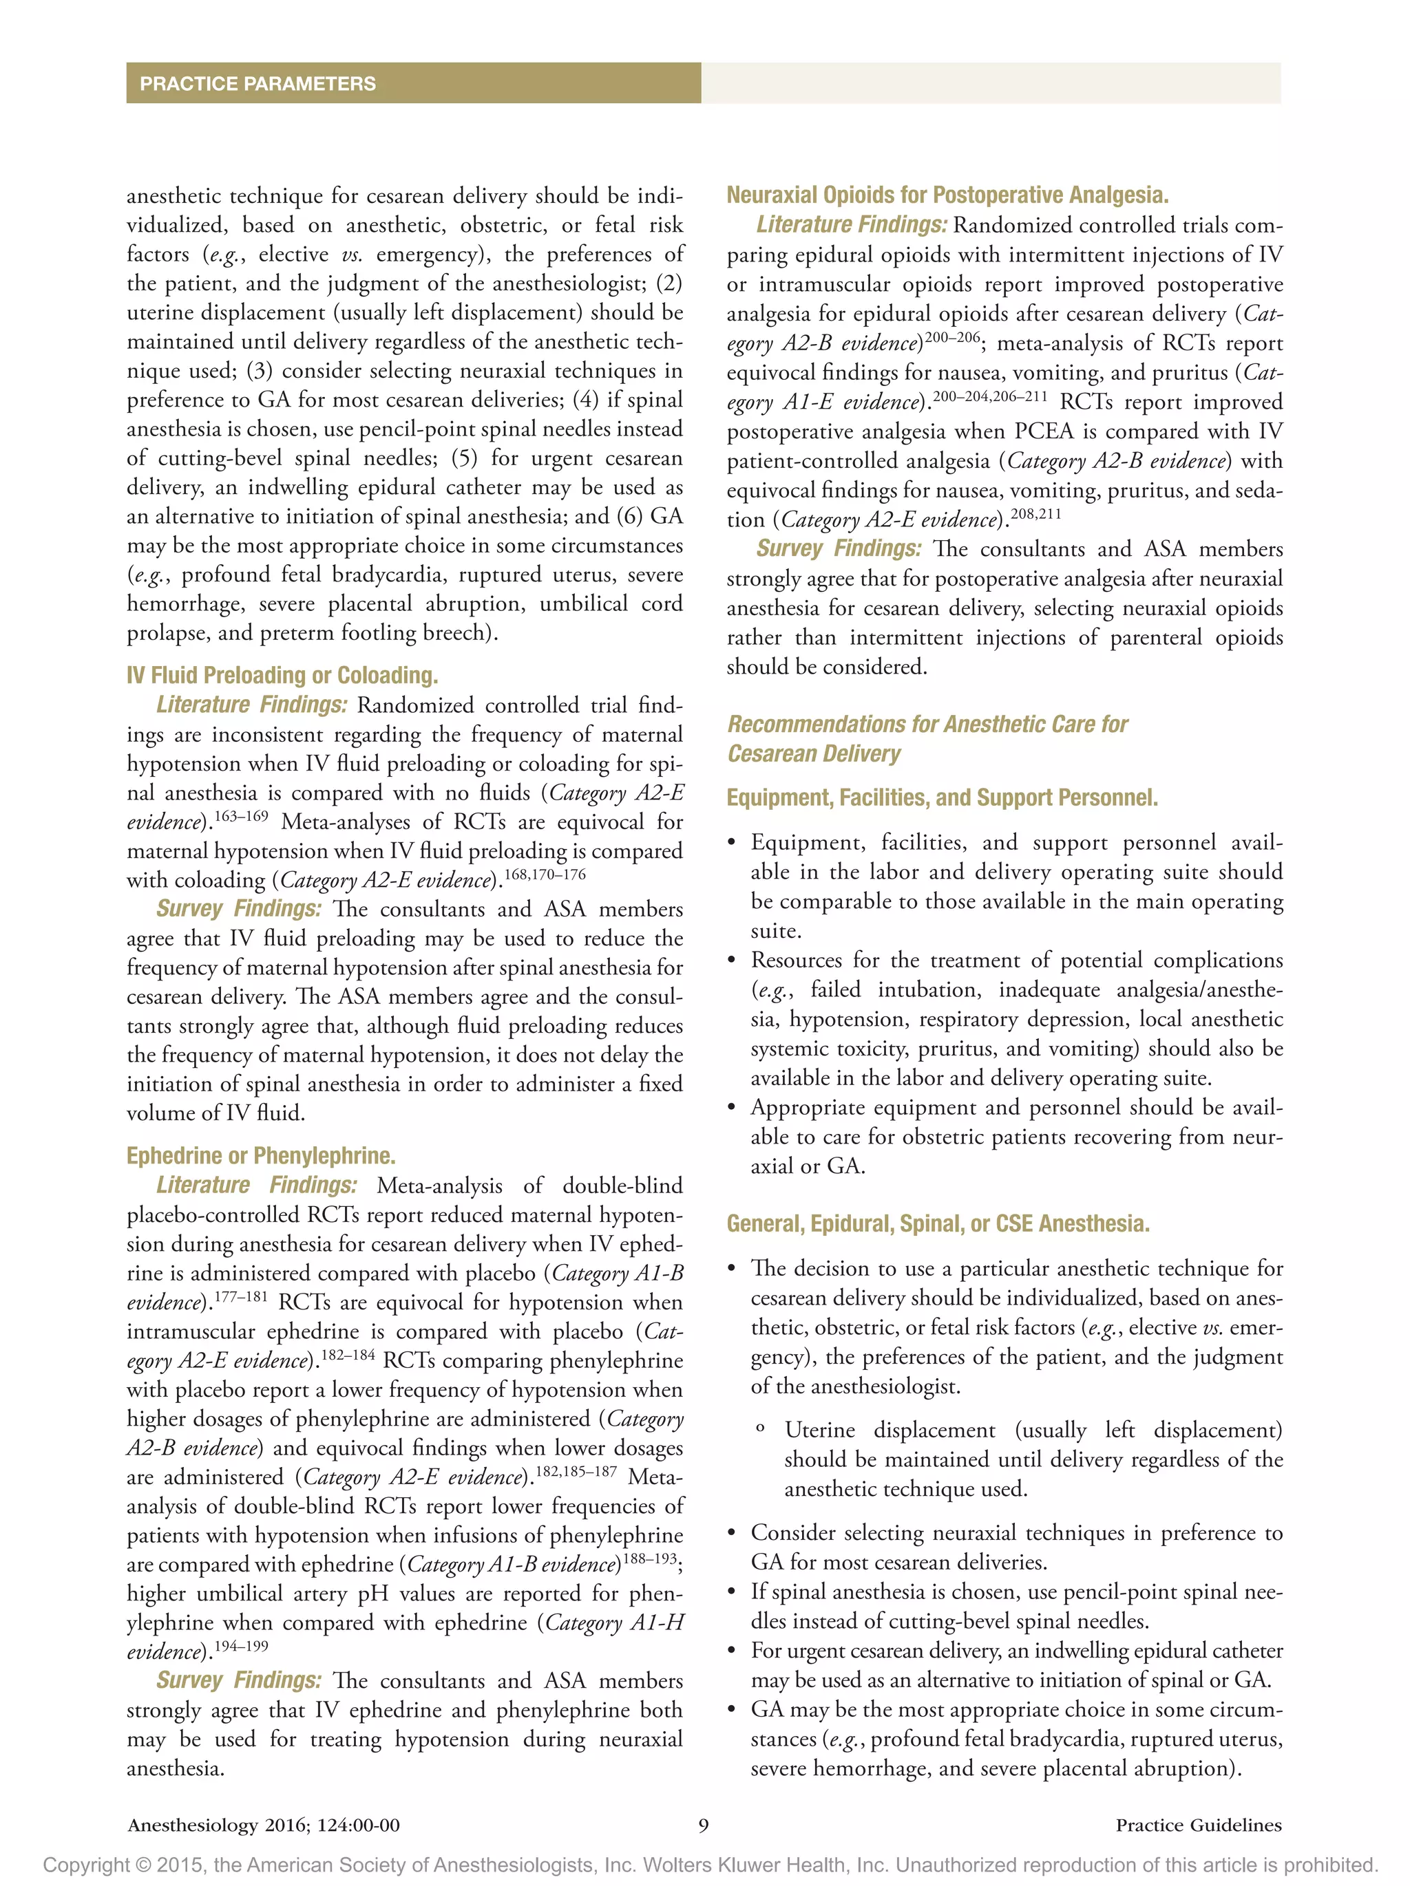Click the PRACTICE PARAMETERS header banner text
click(x=257, y=83)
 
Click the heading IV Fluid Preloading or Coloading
click(x=282, y=675)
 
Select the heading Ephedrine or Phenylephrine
click(x=260, y=1155)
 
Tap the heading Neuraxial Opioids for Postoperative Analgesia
click(x=947, y=195)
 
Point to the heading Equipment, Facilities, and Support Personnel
click(x=942, y=797)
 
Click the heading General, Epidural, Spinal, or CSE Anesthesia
click(x=938, y=1223)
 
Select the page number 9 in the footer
click(x=704, y=1825)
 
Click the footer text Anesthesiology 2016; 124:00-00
click(x=264, y=1825)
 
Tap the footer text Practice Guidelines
click(x=1197, y=1825)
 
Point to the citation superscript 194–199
click(x=240, y=1646)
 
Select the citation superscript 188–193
click(x=649, y=1558)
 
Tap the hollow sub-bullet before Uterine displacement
click(x=760, y=1429)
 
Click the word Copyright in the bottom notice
click(x=82, y=1865)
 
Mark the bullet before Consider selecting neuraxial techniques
click(x=731, y=1534)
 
